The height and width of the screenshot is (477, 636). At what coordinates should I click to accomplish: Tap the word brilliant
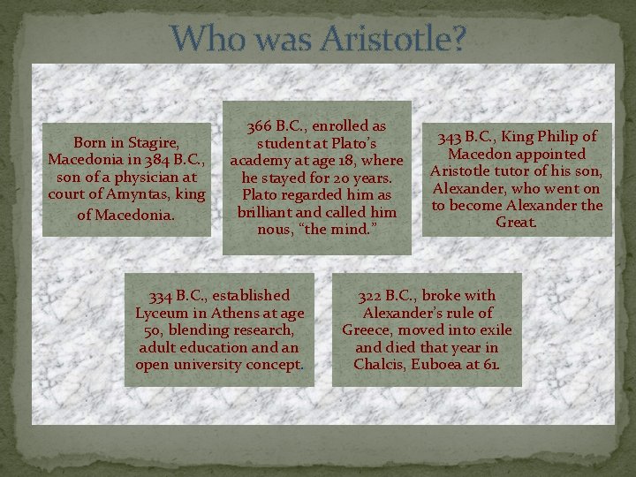(x=270, y=212)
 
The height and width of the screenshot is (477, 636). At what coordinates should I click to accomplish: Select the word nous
(x=276, y=230)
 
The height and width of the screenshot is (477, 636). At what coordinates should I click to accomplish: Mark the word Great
(x=517, y=223)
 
